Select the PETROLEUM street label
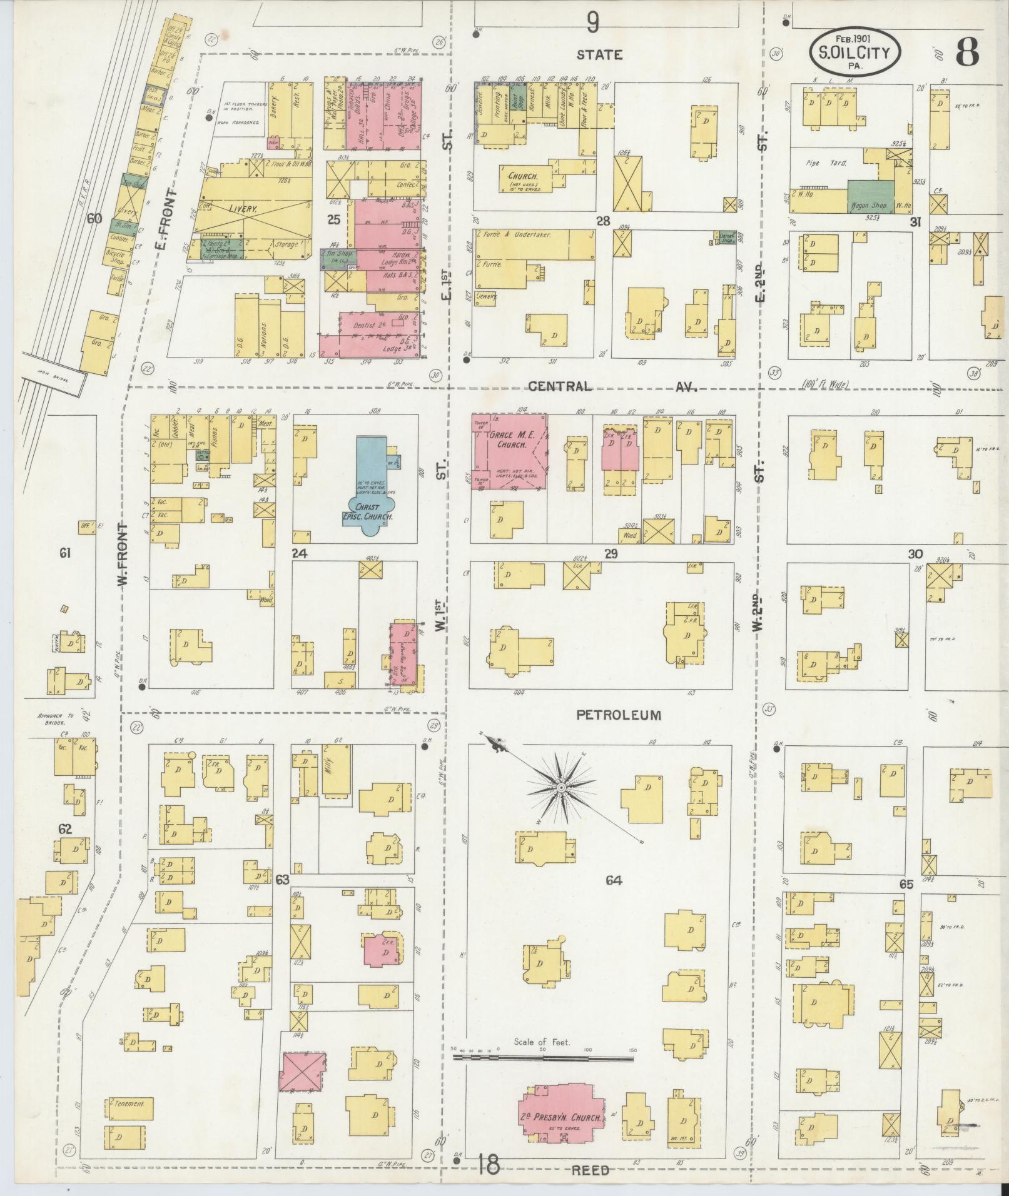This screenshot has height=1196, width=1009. pos(619,715)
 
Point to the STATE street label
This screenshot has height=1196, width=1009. pos(599,55)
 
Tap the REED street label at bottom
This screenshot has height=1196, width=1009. pos(590,1170)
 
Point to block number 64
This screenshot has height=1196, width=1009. pos(614,881)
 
